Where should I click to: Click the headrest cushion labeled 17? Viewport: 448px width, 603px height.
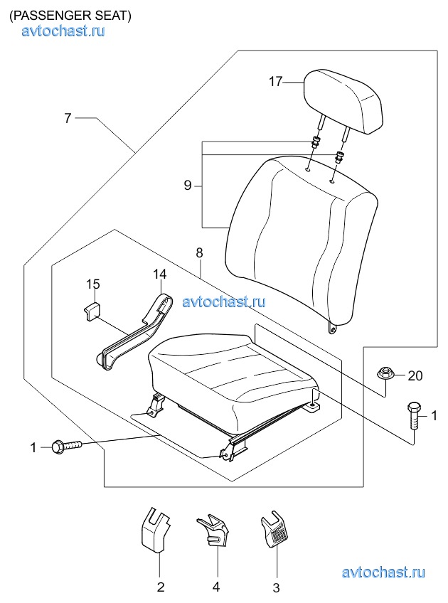[343, 101]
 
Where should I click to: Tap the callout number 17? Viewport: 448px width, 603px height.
[275, 82]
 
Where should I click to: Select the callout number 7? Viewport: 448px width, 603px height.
[68, 118]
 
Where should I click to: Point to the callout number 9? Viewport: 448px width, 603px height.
[187, 186]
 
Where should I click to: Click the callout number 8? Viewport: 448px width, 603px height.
[199, 252]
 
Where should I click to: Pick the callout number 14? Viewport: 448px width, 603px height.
[159, 274]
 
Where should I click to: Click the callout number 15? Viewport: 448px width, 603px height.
[92, 284]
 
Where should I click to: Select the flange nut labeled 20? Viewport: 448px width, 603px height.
[383, 373]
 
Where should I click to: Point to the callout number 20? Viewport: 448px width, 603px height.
[415, 375]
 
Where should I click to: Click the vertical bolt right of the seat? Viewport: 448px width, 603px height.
[413, 416]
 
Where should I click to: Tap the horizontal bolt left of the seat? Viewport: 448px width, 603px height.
[67, 447]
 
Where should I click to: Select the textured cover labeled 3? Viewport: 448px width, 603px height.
[274, 528]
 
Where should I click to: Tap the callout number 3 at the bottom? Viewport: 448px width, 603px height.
[276, 588]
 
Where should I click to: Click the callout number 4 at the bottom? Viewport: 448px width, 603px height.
[216, 587]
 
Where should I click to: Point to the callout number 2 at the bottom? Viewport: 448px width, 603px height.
[161, 587]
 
